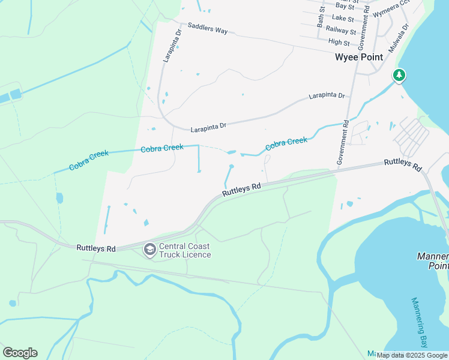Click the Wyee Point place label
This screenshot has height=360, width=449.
point(358,58)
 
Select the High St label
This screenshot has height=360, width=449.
point(339,42)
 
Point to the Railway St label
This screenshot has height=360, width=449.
point(341,30)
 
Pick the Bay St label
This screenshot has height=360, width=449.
point(345,6)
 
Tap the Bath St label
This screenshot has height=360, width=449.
point(321,19)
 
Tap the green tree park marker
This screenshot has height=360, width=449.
point(399,75)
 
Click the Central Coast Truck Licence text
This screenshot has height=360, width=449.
point(185,250)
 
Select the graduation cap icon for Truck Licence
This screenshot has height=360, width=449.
point(149,248)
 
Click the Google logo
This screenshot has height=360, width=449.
point(20,353)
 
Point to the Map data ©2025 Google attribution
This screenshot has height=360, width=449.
point(412,356)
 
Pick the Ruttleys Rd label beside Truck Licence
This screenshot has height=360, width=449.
point(96,248)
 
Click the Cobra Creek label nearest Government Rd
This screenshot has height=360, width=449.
point(286,143)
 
